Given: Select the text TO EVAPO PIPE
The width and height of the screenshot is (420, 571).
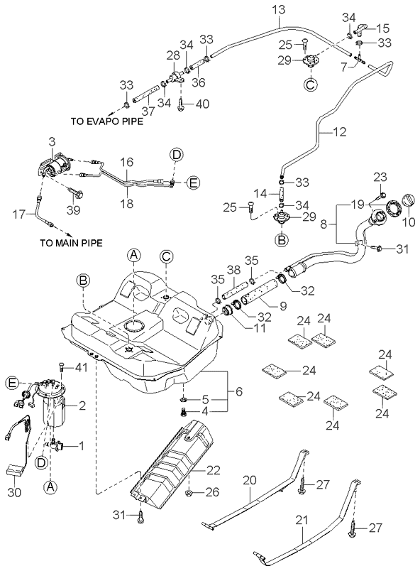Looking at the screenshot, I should (106, 121).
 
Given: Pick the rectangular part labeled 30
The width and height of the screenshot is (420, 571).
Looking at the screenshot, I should (15, 469).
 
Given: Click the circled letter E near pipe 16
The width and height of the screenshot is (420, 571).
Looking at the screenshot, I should (194, 183).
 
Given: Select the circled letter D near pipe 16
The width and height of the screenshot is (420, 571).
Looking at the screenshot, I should (176, 154).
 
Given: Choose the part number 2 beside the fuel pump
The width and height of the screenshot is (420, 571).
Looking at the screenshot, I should (82, 406).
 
